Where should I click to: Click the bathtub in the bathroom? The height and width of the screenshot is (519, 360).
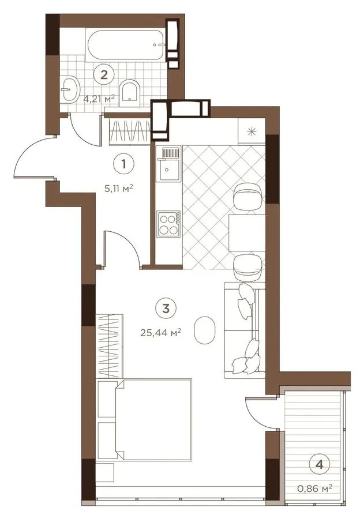pos(126,44)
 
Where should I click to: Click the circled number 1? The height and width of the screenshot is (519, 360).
pos(123,164)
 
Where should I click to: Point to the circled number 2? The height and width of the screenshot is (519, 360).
pos(104,74)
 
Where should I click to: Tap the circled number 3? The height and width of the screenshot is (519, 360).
pos(166,309)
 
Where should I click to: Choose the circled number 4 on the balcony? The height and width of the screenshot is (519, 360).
pos(319,464)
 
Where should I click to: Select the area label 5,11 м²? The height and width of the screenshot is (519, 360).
pos(119,189)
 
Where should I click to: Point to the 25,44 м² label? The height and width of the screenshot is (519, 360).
pos(160,332)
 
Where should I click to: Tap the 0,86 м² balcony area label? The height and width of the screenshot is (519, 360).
pos(315,488)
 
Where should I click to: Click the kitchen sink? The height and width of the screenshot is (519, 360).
pos(169,164)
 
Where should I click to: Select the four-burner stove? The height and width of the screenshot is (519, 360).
pos(169,224)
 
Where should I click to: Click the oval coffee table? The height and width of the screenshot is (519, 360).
pos(204,330)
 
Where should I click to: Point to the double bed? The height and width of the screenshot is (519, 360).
pos(145,420)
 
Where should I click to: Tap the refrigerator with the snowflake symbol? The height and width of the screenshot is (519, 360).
pos(252,131)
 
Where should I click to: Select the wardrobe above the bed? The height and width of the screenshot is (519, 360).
pos(110,346)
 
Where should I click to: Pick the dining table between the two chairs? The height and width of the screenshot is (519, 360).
pos(247,232)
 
